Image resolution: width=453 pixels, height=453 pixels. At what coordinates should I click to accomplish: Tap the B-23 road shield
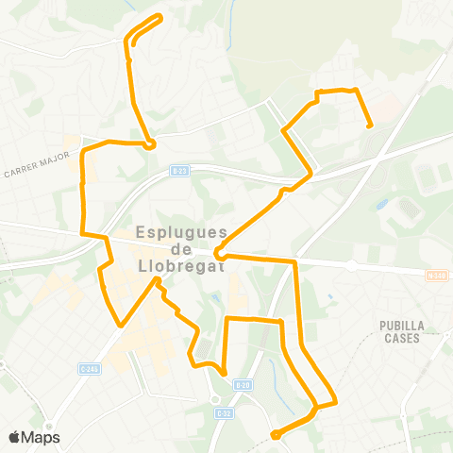180,170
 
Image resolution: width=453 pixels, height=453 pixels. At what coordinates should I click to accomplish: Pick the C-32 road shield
224,412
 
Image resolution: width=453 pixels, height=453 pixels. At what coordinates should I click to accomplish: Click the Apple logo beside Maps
16,437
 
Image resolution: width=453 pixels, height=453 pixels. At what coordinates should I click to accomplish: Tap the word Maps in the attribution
42,437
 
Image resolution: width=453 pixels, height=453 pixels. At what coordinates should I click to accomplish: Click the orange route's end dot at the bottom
275,435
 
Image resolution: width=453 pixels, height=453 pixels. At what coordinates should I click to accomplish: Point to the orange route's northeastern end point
369,125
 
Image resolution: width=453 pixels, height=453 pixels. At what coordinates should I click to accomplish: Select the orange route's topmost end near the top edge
159,17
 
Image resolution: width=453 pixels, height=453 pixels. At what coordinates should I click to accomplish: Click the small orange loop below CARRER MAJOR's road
150,143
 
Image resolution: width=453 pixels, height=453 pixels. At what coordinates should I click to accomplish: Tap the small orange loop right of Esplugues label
218,252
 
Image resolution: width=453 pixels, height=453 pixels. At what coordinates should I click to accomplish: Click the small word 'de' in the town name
184,248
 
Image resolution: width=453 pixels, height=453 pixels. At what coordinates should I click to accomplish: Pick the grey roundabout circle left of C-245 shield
352,266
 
